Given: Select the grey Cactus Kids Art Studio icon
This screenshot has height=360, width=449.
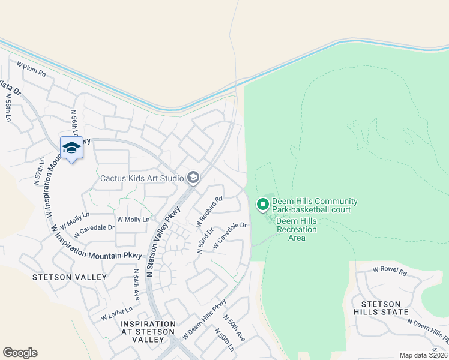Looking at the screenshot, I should [x=193, y=177].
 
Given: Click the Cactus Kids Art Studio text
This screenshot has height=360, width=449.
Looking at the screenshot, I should [x=142, y=178].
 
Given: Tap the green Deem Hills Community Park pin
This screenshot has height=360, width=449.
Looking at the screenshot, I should [x=262, y=205].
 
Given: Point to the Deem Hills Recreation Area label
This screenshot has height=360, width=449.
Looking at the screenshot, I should [x=297, y=229].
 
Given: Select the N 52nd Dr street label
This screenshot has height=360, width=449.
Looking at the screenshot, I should [x=205, y=240].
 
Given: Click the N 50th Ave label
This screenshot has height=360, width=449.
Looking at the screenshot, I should [x=234, y=328].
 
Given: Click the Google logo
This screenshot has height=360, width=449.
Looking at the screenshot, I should [x=20, y=353].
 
